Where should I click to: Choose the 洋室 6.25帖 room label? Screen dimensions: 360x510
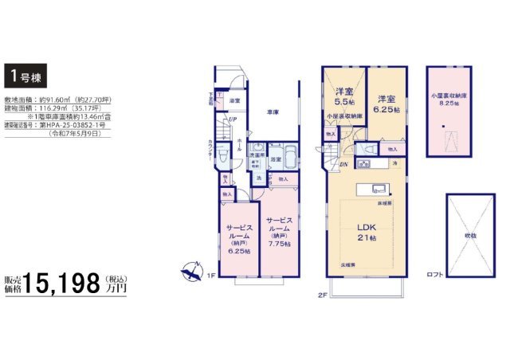[387, 97]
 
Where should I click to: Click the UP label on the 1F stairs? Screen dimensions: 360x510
[232, 119]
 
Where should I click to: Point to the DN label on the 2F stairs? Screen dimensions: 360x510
[343, 164]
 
